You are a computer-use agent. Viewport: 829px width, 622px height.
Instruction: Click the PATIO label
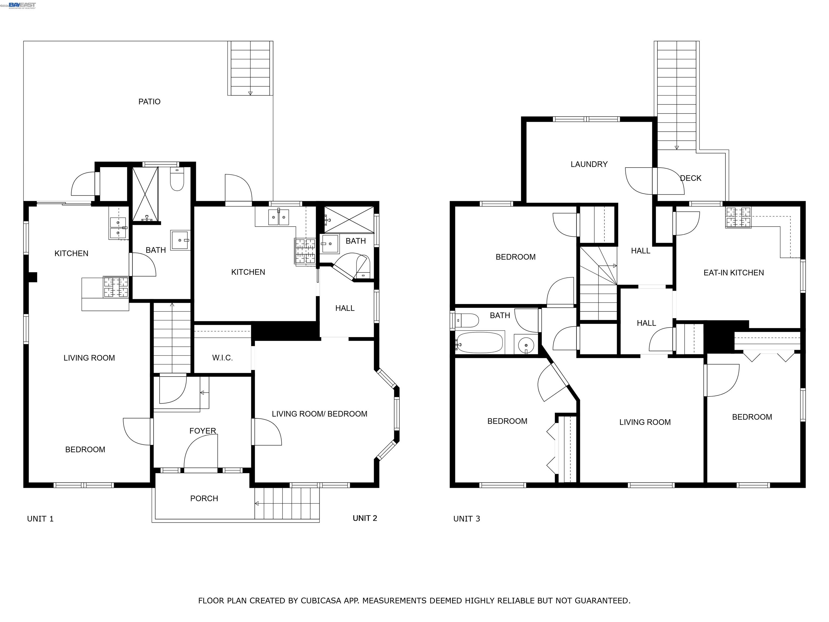149,102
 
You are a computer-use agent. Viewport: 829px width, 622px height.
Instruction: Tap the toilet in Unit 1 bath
177,180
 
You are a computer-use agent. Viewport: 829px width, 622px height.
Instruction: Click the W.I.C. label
222,358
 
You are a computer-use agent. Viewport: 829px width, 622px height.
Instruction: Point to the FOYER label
202,431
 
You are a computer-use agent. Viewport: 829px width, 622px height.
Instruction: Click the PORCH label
204,498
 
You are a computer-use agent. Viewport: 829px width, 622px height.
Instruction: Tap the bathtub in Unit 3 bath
479,342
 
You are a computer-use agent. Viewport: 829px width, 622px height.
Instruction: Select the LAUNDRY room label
589,164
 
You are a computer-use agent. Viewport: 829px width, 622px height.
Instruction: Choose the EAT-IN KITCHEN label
733,273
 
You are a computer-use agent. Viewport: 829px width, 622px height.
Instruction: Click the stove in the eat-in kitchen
738,217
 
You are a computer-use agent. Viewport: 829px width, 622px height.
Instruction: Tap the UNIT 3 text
466,519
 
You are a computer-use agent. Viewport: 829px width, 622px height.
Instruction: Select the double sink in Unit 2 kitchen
278,217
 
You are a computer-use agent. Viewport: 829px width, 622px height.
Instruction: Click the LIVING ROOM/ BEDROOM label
319,414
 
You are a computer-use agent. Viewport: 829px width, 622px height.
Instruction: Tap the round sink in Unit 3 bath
526,344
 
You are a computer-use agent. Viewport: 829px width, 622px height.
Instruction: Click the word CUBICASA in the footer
320,601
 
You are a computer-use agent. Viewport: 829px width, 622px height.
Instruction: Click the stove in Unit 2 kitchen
305,252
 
